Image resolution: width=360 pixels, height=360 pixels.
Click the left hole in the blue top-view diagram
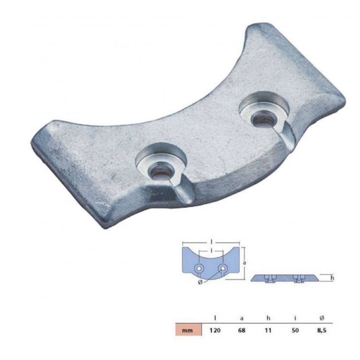[198, 268]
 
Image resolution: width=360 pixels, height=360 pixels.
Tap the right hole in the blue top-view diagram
[223, 268]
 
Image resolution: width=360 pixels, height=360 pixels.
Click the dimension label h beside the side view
[332, 278]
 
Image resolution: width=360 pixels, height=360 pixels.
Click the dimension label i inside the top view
[211, 251]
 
